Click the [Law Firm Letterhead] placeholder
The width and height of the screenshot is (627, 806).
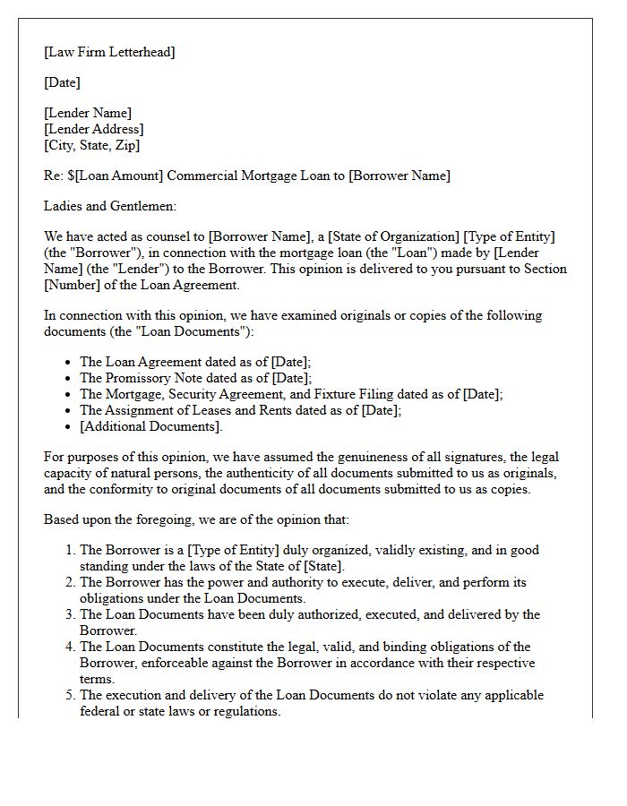[109, 52]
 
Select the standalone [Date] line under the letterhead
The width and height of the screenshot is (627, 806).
[62, 82]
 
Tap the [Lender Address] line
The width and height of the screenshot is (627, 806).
[93, 129]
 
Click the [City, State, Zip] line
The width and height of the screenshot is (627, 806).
[91, 145]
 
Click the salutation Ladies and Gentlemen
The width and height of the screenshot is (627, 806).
[110, 206]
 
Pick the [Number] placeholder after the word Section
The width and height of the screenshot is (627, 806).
[74, 285]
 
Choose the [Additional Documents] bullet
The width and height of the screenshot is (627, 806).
[148, 426]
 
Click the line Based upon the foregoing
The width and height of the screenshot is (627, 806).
[196, 519]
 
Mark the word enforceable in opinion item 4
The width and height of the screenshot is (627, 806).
[184, 663]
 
